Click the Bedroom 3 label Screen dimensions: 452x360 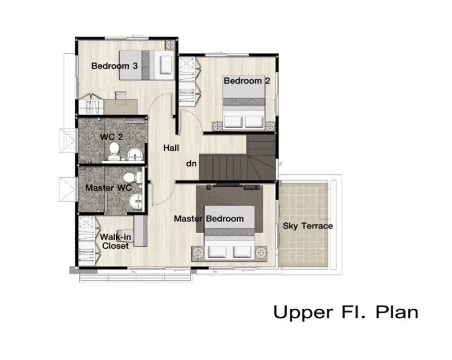pyautogui.click(x=114, y=66)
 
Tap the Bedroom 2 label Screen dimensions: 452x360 pyautogui.click(x=247, y=81)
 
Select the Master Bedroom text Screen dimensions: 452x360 pyautogui.click(x=208, y=218)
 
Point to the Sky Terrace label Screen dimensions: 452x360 pyautogui.click(x=307, y=226)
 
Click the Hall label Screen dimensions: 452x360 pyautogui.click(x=171, y=148)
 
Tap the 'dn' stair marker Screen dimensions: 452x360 pyautogui.click(x=191, y=164)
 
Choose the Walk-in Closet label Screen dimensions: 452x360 pyautogui.click(x=115, y=241)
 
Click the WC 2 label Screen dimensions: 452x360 pyautogui.click(x=111, y=137)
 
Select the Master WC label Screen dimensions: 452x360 pyautogui.click(x=109, y=188)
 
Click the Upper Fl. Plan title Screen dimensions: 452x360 pyautogui.click(x=346, y=312)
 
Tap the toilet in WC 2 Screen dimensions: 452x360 pyautogui.click(x=114, y=152)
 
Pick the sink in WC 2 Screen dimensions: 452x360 pyautogui.click(x=135, y=154)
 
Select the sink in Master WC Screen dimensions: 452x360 pyautogui.click(x=135, y=201)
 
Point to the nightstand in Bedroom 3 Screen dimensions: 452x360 pyautogui.click(x=170, y=45)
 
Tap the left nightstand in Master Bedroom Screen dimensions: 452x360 pyautogui.click(x=198, y=253)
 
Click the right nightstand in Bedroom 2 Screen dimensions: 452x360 pyautogui.click(x=270, y=126)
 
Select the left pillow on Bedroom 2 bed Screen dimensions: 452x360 pyautogui.click(x=233, y=121)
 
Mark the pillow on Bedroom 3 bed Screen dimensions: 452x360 pyautogui.click(x=166, y=65)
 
